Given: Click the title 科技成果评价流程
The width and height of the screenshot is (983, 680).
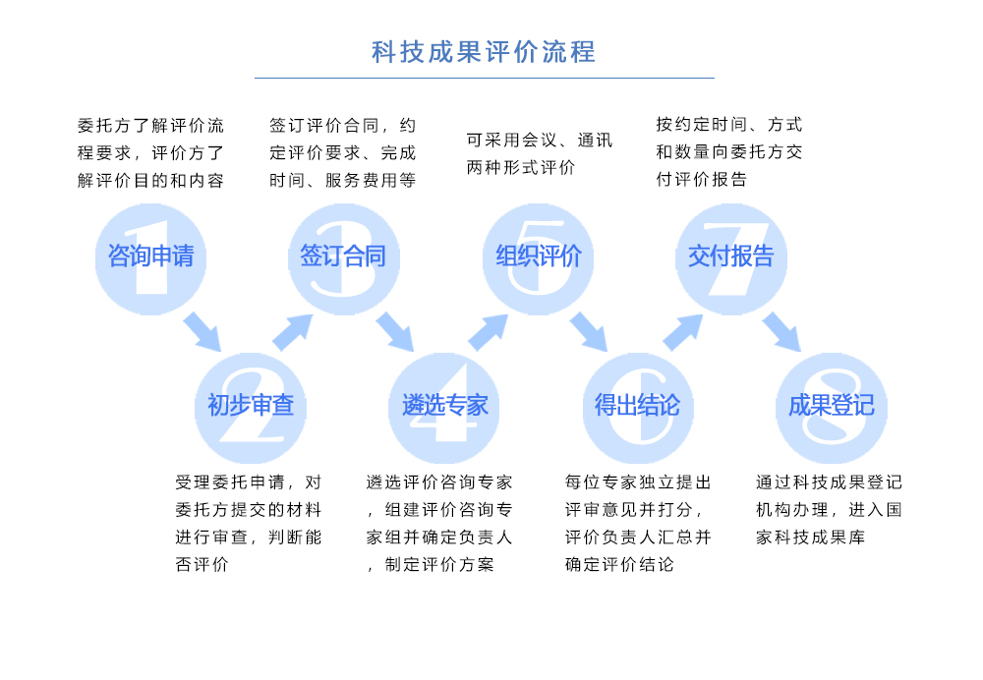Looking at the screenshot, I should pyautogui.click(x=484, y=51).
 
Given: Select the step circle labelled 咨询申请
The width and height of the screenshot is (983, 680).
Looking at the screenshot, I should pyautogui.click(x=150, y=257).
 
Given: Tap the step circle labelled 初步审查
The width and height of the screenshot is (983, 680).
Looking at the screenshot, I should pyautogui.click(x=251, y=406).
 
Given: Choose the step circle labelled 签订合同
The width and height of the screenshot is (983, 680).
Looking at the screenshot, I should pyautogui.click(x=343, y=257).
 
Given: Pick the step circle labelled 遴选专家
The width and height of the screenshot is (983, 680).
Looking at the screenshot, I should pyautogui.click(x=444, y=406).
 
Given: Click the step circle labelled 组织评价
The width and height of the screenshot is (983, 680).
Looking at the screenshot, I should pyautogui.click(x=538, y=257).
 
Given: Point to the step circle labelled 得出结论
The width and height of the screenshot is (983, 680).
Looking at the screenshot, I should pyautogui.click(x=638, y=406).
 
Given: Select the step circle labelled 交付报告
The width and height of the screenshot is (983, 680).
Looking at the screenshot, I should pyautogui.click(x=731, y=257).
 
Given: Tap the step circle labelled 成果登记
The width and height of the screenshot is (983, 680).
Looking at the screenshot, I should pyautogui.click(x=832, y=406).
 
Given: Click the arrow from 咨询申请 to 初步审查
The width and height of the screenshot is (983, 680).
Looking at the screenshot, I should pyautogui.click(x=202, y=332).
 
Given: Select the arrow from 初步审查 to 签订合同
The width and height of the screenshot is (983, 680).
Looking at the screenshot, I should pyautogui.click(x=293, y=332).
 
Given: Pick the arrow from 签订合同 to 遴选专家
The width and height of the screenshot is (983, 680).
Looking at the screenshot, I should pyautogui.click(x=395, y=332).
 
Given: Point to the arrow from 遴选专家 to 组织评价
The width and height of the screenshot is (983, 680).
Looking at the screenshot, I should pyautogui.click(x=488, y=332).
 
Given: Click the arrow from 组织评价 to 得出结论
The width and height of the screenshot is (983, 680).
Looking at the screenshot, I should pyautogui.click(x=589, y=332).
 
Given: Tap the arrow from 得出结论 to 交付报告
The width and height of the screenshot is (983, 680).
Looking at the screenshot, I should pyautogui.click(x=682, y=332).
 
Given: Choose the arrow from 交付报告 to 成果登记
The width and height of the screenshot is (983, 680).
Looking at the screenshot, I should pyautogui.click(x=782, y=332).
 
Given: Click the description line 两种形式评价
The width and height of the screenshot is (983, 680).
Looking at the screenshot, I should pyautogui.click(x=521, y=168).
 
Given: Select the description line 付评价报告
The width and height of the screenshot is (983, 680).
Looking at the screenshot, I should pyautogui.click(x=702, y=180).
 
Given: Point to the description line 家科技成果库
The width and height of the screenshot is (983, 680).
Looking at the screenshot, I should pyautogui.click(x=811, y=538).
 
